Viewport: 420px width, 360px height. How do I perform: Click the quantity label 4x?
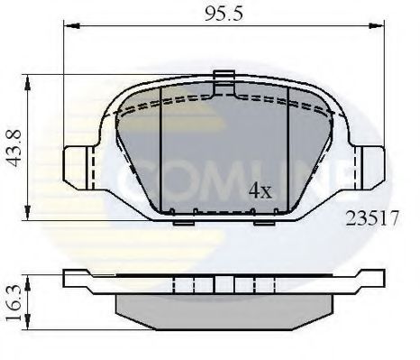[260, 190]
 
